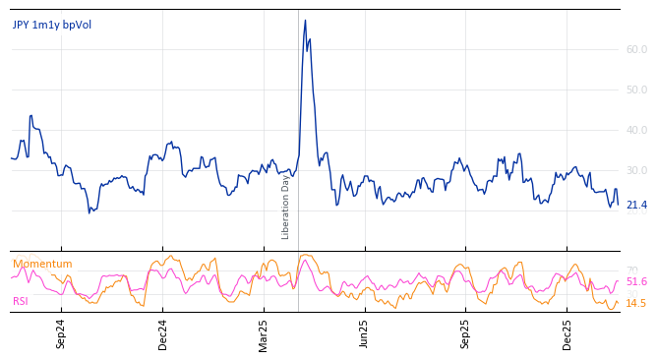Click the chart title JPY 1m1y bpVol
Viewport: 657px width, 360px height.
pos(51,26)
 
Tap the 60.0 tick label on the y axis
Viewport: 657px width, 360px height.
pos(636,49)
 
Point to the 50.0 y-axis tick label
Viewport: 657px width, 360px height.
pos(636,90)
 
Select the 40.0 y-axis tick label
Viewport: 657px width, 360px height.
pos(636,130)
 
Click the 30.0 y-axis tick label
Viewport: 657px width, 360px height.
pos(636,170)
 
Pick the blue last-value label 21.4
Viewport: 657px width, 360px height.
pos(636,205)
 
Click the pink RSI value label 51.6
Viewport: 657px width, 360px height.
pos(636,281)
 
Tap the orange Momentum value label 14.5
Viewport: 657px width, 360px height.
pos(636,303)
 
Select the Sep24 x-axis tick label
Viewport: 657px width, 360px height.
pos(61,333)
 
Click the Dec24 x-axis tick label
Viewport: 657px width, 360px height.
pos(163,333)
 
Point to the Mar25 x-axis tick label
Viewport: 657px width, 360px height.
pos(264,333)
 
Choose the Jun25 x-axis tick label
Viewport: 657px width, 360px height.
pos(364,333)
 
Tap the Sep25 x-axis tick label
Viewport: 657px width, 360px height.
pos(465,333)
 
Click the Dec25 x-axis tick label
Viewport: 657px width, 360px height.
pos(567,333)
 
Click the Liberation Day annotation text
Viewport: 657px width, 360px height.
pos(286,207)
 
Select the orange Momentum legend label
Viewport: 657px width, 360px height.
pos(42,264)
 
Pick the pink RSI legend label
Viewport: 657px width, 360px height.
pos(21,301)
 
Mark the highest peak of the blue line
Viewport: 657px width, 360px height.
pos(305,21)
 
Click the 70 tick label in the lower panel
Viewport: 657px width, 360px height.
pos(632,270)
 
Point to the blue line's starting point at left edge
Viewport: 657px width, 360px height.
pos(11,157)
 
